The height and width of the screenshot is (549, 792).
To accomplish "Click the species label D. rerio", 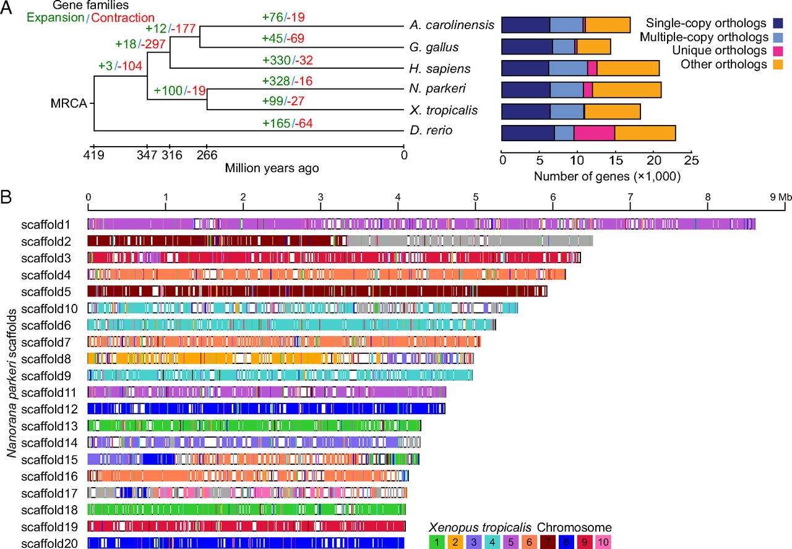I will point(431,131).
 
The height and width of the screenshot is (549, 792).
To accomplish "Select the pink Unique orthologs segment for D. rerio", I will point(594,132).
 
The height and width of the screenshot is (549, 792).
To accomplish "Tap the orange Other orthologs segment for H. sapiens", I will point(627,68).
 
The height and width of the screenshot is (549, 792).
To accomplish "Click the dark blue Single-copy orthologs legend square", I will point(778,24).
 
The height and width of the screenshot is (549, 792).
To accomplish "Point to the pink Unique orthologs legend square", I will point(778,51).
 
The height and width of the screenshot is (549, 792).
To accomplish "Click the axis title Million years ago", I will point(272,168).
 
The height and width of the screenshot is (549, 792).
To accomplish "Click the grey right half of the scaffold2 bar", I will point(470,240).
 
